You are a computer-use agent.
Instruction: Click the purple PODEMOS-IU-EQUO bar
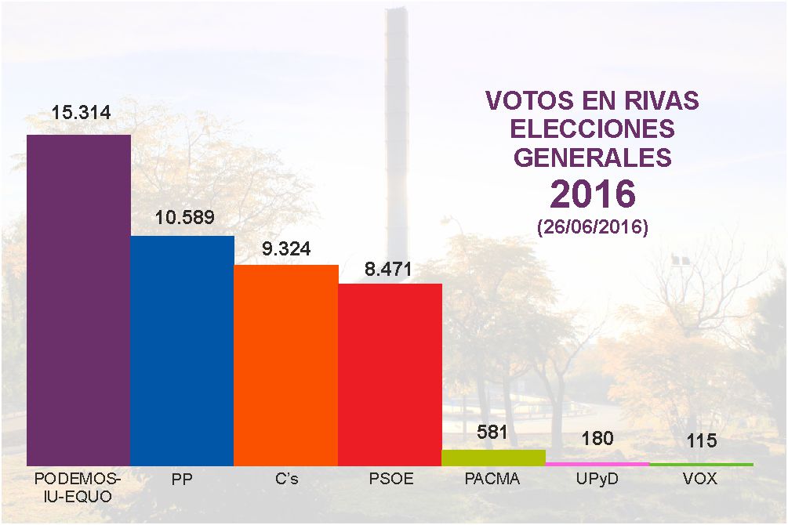click(78, 300)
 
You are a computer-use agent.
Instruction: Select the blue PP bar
click(183, 351)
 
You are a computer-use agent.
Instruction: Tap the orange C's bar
click(286, 365)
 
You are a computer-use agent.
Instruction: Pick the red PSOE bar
click(390, 375)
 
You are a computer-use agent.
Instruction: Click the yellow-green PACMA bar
click(493, 458)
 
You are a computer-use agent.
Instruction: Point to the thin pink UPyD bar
click(597, 464)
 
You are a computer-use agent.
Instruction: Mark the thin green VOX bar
click(702, 464)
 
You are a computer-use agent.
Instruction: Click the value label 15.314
click(81, 113)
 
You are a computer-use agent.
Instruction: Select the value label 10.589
click(184, 217)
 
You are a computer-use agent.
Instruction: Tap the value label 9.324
click(286, 248)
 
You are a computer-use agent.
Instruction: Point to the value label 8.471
click(388, 270)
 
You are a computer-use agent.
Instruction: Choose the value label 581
click(492, 432)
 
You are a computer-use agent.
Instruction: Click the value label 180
click(597, 438)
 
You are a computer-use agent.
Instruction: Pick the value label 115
click(702, 440)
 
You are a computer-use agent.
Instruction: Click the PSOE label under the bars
click(391, 479)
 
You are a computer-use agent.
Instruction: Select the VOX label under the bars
click(700, 479)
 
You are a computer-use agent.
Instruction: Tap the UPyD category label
click(597, 480)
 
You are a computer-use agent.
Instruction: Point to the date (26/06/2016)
click(593, 227)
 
